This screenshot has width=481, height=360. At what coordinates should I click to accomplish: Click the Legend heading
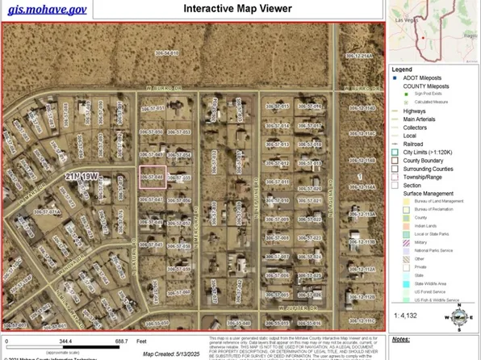[x=403, y=69]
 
